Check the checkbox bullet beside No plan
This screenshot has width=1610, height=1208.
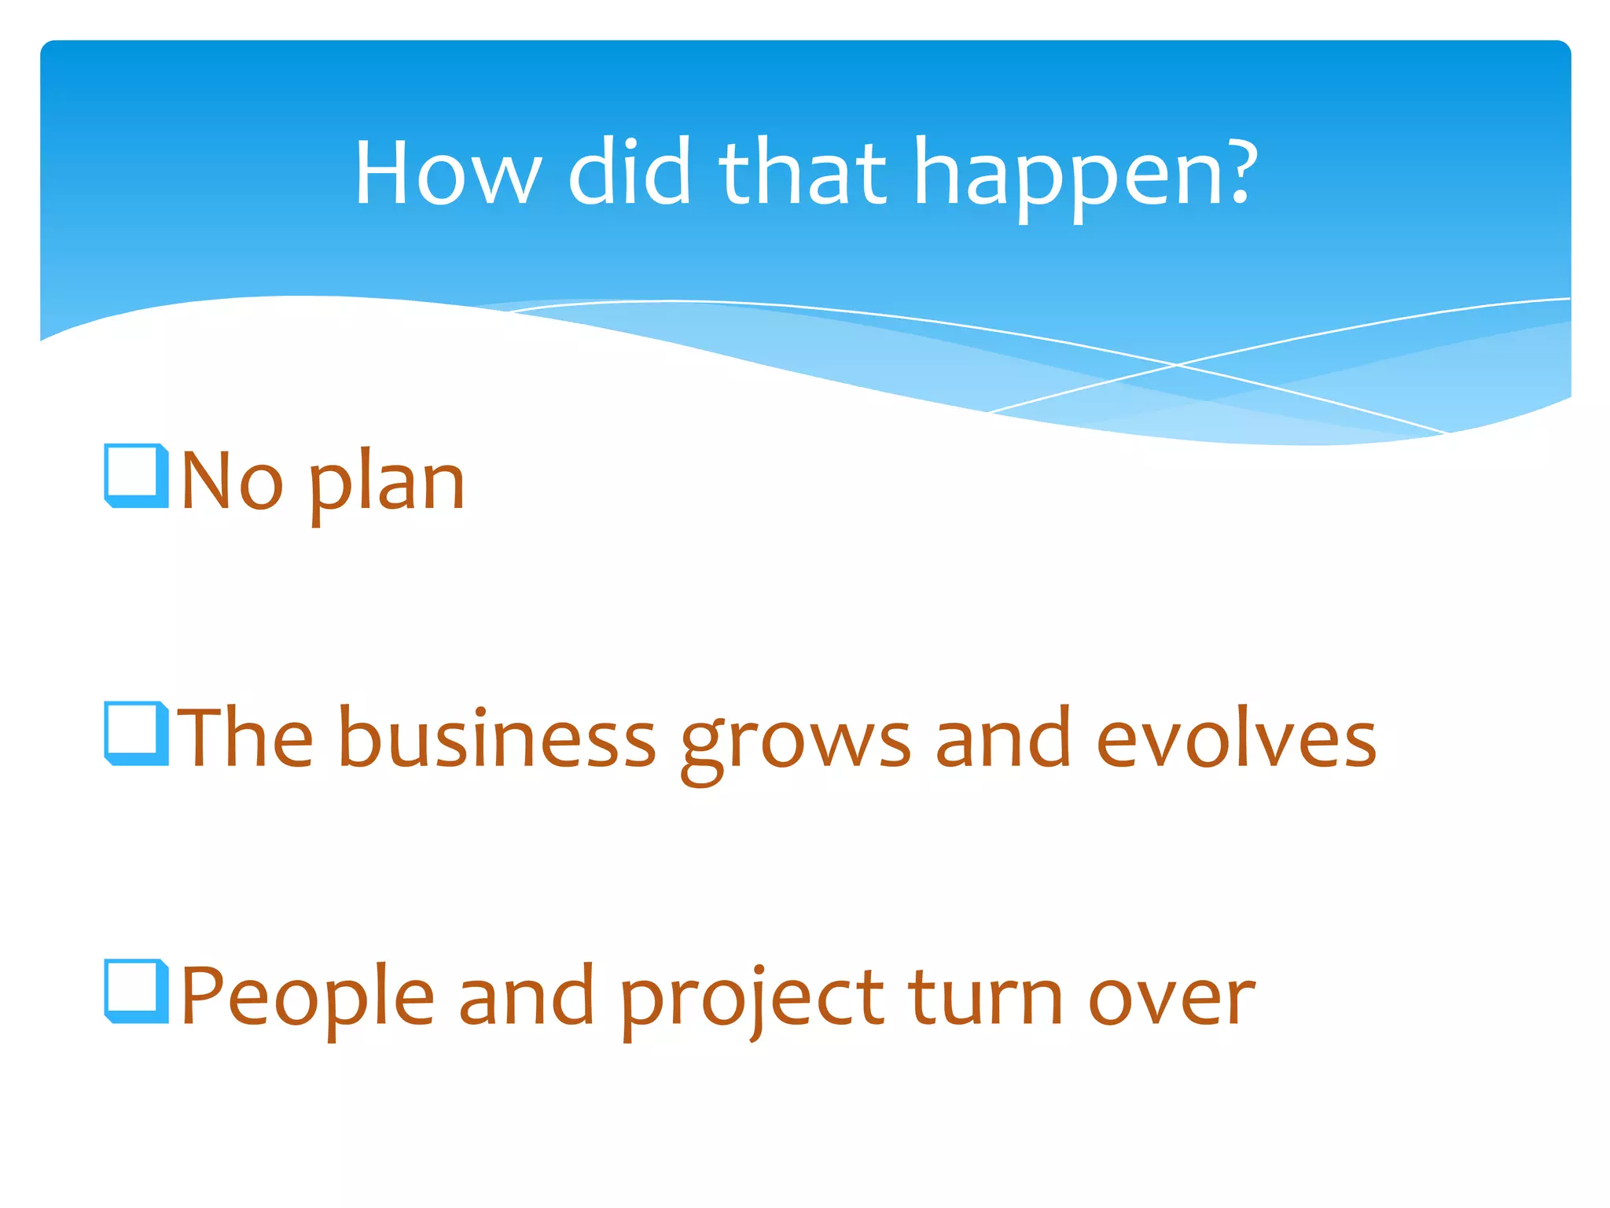[x=136, y=475]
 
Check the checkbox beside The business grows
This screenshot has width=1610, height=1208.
[x=136, y=733]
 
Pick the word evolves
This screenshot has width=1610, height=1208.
[x=1236, y=738]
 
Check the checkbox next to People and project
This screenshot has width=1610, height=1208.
[x=136, y=991]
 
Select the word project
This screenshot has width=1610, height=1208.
[x=752, y=1000]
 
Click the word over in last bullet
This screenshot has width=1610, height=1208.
[x=1171, y=1000]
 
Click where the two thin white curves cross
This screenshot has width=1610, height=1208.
[x=1177, y=365]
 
